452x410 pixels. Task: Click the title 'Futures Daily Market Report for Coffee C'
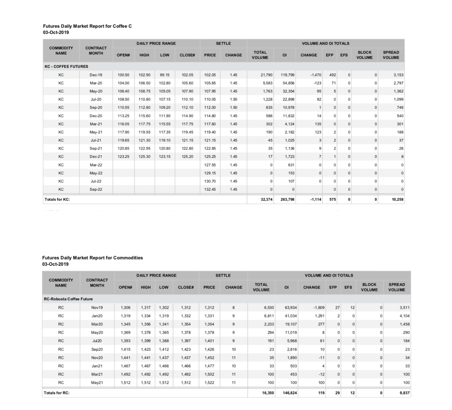[87, 26]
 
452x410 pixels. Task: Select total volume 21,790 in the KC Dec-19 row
[266, 75]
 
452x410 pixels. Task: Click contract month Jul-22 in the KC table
[96, 181]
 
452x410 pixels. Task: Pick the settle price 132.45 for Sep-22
[210, 189]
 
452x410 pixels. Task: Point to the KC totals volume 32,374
[266, 199]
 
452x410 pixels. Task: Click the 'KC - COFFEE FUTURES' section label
[66, 66]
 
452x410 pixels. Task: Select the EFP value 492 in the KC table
[332, 75]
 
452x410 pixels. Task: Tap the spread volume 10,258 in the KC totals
[397, 199]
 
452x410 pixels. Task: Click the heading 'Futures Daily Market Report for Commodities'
[92, 258]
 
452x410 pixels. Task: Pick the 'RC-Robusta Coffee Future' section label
[68, 299]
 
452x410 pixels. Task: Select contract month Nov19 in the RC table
[97, 308]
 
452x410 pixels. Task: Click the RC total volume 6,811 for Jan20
[269, 316]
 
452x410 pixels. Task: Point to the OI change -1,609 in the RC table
[319, 308]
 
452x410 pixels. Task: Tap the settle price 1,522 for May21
[209, 383]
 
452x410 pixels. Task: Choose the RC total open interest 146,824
[290, 393]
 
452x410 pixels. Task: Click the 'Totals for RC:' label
[56, 393]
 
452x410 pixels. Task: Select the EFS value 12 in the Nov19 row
[352, 308]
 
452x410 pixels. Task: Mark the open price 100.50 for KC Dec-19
[123, 75]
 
